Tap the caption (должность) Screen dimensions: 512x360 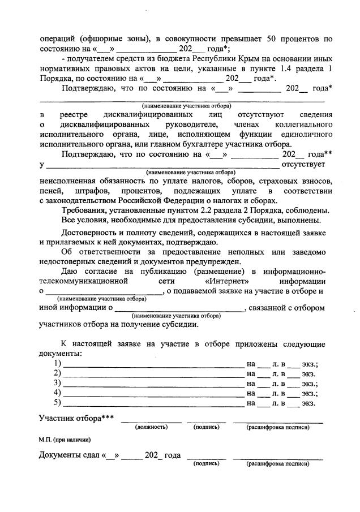pos(151,427)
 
